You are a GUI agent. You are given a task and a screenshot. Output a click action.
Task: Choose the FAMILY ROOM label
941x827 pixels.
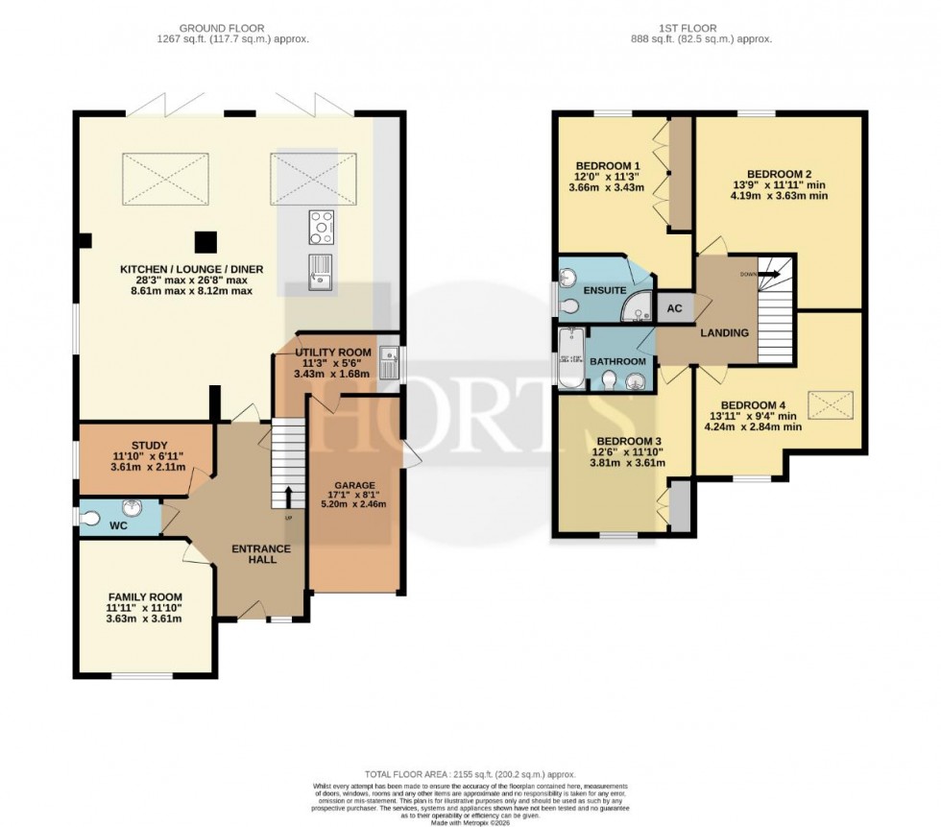(144, 596)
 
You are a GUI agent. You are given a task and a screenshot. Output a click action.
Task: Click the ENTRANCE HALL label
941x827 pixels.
(261, 553)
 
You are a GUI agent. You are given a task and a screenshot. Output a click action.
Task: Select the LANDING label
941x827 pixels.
(724, 332)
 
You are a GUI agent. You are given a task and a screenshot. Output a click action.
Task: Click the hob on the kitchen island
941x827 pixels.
(321, 228)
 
